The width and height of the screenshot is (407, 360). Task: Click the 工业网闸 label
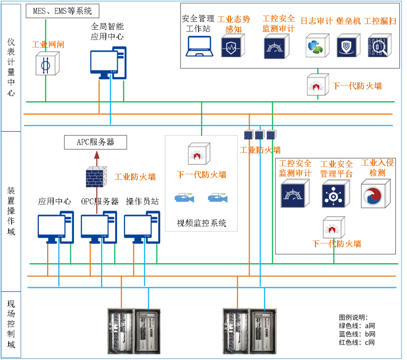click(x=48, y=44)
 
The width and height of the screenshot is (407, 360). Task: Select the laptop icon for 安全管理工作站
click(x=199, y=46)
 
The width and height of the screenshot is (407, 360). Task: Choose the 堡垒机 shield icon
click(x=349, y=46)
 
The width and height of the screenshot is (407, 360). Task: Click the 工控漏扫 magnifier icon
click(x=380, y=46)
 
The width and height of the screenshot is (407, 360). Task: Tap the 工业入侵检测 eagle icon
click(x=375, y=194)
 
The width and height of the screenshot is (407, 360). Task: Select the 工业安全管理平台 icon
click(x=335, y=194)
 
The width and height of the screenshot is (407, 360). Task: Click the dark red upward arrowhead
click(x=97, y=155)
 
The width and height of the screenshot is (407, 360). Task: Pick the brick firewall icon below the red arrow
click(x=96, y=177)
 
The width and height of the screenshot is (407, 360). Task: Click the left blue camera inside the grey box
click(x=184, y=198)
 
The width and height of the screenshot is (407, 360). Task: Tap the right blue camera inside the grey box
click(x=218, y=198)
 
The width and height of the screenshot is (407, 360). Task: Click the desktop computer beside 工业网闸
click(x=108, y=63)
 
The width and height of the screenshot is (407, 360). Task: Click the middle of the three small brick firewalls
click(x=260, y=134)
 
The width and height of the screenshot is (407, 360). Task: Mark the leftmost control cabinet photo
click(x=120, y=331)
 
